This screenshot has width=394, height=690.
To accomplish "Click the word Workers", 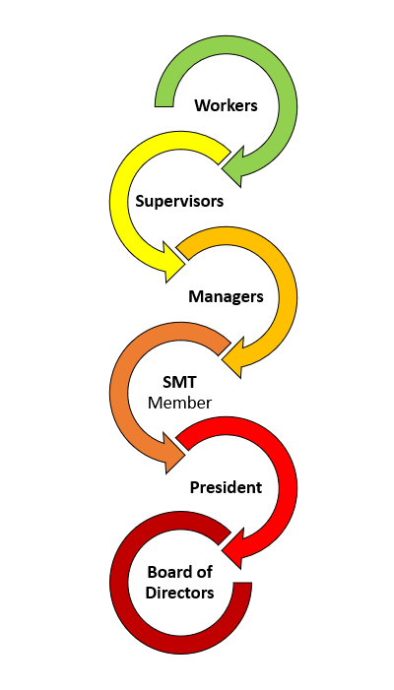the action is tap(226, 105).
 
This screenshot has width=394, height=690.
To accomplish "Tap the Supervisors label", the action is tap(179, 201).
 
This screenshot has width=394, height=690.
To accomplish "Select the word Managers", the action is tap(226, 296).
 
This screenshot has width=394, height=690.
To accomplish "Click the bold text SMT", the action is tap(179, 383).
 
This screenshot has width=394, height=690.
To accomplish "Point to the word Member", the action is tap(179, 403).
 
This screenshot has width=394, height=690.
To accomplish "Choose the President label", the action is tap(226, 487).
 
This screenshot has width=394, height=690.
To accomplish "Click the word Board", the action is tap(167, 572).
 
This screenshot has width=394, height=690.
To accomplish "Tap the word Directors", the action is tap(179, 593).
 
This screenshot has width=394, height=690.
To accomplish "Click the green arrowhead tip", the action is tap(223, 168).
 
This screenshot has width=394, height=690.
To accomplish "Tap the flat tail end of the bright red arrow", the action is tap(182, 445).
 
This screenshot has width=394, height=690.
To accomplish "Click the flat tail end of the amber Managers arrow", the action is tap(182, 254).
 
